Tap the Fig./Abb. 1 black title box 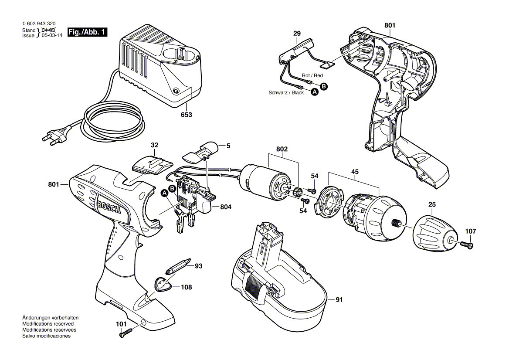pos(87,32)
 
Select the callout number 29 pos(297,34)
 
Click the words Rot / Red pos(312,75)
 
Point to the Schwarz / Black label pos(286,92)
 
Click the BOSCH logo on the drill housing pos(109,207)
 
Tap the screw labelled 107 pos(467,245)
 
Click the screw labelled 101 pos(126,333)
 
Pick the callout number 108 pos(186,287)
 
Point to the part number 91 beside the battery pos(339,299)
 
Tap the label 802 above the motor pos(282,149)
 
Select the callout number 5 pos(228,146)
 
